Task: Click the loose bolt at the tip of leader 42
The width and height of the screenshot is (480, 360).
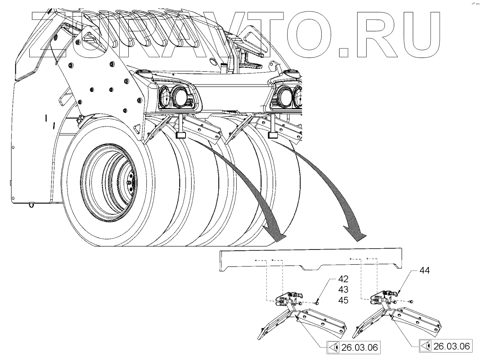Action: tap(317, 304)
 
